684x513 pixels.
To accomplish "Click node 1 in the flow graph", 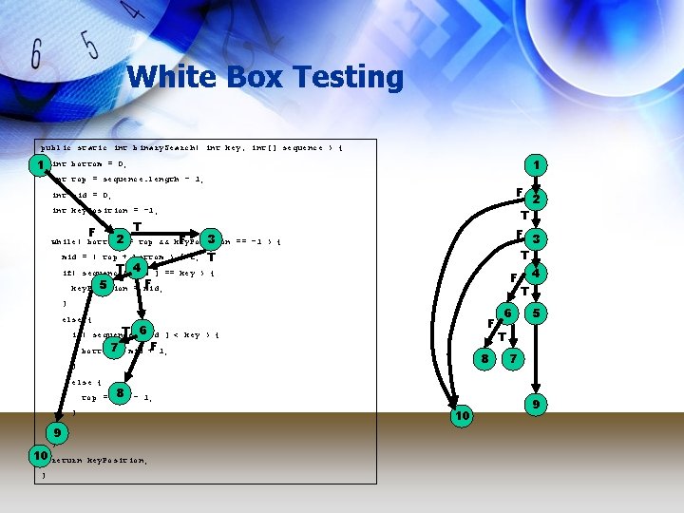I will (x=537, y=165).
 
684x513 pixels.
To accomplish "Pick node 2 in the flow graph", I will (x=537, y=199).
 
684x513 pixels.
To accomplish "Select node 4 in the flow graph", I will (x=537, y=274).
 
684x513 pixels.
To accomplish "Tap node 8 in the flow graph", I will (x=484, y=359).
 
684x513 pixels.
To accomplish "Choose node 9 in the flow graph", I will (x=537, y=405).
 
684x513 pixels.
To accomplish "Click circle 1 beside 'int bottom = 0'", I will (x=39, y=165).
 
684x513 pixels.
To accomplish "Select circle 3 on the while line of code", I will (x=212, y=237).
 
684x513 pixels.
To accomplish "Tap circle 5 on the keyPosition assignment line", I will (x=102, y=284).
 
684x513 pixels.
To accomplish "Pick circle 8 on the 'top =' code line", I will (x=120, y=393).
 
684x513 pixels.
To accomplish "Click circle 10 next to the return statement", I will (x=39, y=457).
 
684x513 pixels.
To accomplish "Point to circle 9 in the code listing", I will (x=57, y=433).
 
